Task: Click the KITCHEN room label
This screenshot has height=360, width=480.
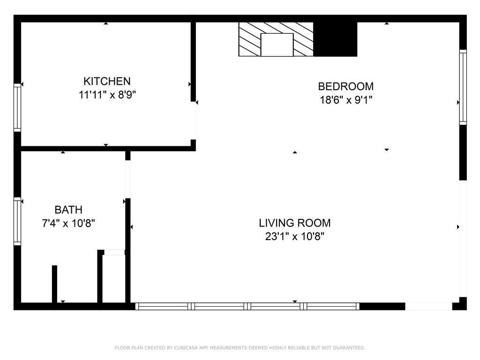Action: (107, 81)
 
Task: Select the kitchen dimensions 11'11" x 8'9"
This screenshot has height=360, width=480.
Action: (107, 95)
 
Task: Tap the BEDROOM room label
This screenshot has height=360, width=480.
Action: (345, 86)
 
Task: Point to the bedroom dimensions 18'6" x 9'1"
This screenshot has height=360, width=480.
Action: (345, 100)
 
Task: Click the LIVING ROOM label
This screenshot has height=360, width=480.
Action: (295, 223)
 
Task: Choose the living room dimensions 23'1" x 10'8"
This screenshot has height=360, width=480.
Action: (295, 237)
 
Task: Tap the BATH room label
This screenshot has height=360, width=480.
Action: (68, 210)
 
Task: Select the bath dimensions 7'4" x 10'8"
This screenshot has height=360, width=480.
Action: (68, 223)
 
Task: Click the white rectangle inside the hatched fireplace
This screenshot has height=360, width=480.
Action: (277, 45)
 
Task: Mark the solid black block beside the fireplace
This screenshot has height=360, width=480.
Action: (335, 39)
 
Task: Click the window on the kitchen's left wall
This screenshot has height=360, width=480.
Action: (17, 107)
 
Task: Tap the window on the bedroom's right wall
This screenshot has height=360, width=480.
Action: (463, 87)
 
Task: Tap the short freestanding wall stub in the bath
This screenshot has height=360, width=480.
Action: (54, 284)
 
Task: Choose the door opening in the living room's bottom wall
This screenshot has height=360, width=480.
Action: (428, 307)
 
